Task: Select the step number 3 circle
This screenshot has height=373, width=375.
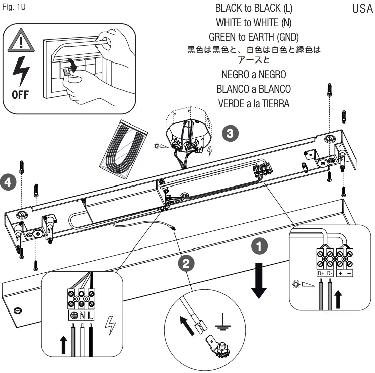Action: [229, 133]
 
